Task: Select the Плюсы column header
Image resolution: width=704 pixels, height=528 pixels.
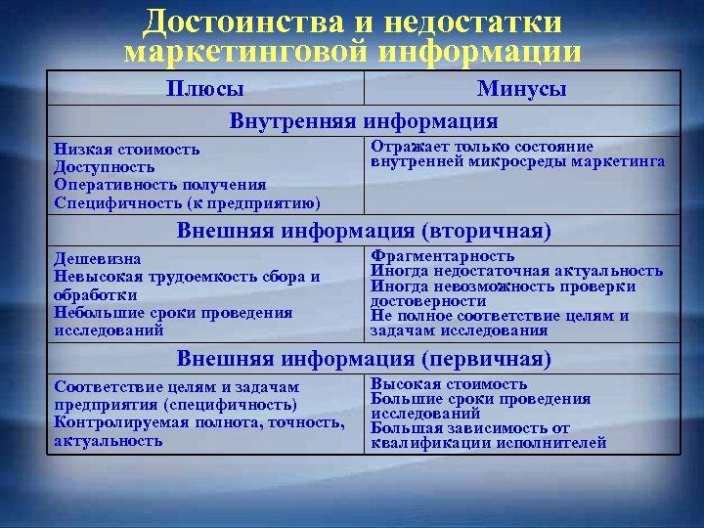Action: [205, 89]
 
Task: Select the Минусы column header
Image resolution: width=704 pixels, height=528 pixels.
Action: [522, 89]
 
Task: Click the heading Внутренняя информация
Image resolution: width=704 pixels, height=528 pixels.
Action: [364, 121]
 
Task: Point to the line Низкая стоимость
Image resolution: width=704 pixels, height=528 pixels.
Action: [127, 150]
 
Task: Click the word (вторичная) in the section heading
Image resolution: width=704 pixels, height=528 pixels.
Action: [486, 232]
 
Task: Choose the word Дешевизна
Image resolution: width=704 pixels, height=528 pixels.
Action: [98, 259]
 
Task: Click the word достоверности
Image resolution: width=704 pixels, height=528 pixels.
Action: [421, 301]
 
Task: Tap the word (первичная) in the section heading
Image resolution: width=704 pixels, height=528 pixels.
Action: [486, 359]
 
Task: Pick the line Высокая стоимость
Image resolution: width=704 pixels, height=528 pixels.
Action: [449, 384]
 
